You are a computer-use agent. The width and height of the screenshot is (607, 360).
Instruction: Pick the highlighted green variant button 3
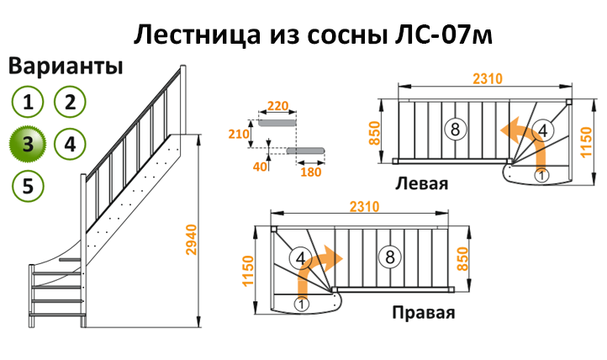(28, 143)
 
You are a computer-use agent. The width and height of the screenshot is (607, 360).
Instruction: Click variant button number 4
(71, 143)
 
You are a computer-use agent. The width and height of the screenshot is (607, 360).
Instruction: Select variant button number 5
(28, 184)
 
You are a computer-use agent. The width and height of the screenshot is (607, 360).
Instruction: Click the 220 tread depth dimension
(277, 107)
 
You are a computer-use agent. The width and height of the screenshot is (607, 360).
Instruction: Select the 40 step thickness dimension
(260, 167)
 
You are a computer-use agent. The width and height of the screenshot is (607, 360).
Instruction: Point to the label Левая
(424, 184)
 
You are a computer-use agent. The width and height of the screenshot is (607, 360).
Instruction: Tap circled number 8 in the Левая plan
(454, 130)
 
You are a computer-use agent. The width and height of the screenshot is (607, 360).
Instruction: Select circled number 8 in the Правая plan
(388, 257)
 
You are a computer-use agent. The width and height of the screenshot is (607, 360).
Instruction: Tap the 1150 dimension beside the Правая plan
(248, 270)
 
